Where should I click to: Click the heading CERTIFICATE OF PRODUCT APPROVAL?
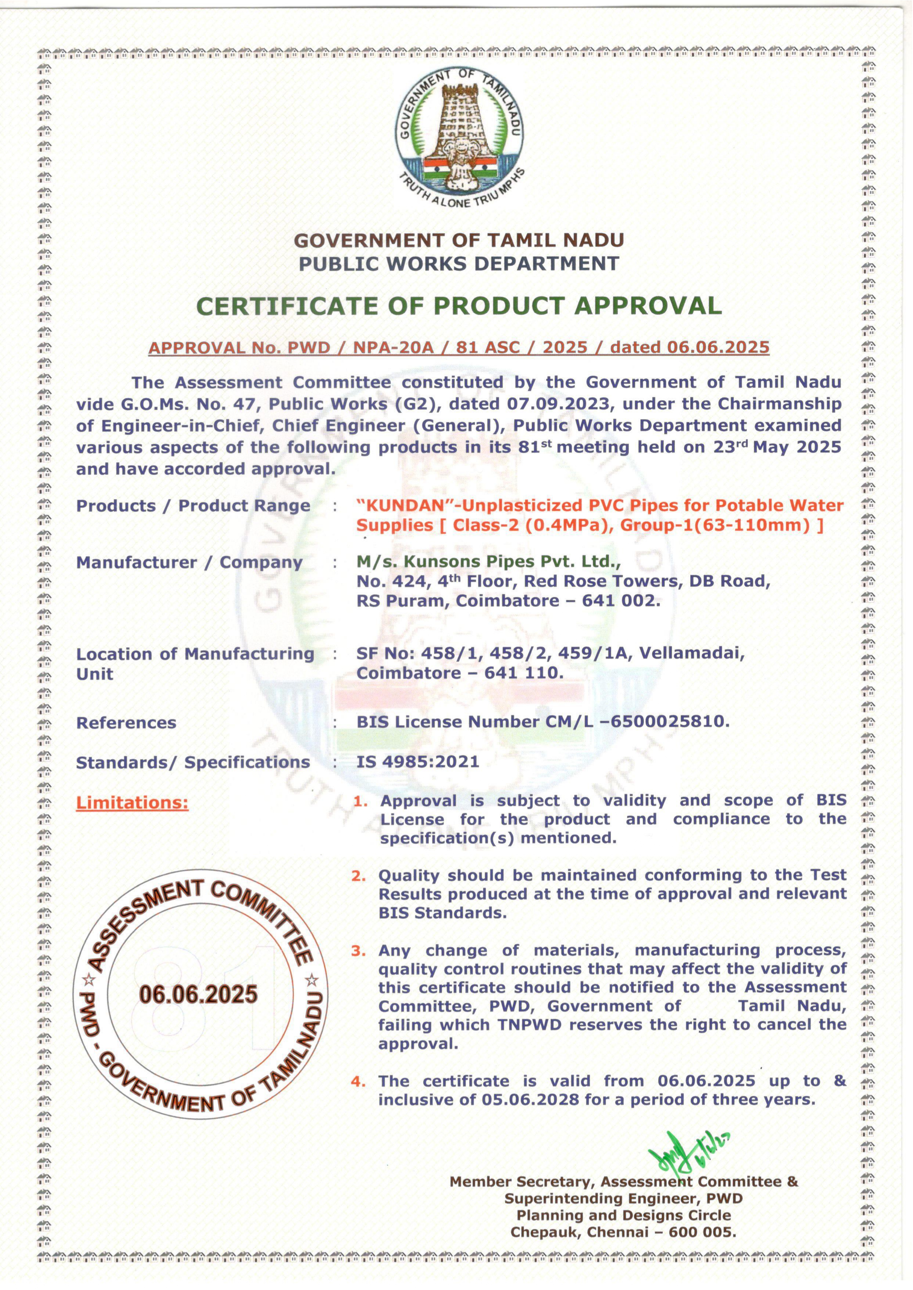pyautogui.click(x=459, y=306)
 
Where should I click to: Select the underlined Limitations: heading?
pyautogui.click(x=132, y=803)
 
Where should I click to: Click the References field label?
pyautogui.click(x=126, y=723)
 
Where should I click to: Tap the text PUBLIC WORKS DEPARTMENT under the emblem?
pyautogui.click(x=459, y=263)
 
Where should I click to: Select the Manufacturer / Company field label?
pyautogui.click(x=189, y=562)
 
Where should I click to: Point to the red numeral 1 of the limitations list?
pyautogui.click(x=360, y=802)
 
